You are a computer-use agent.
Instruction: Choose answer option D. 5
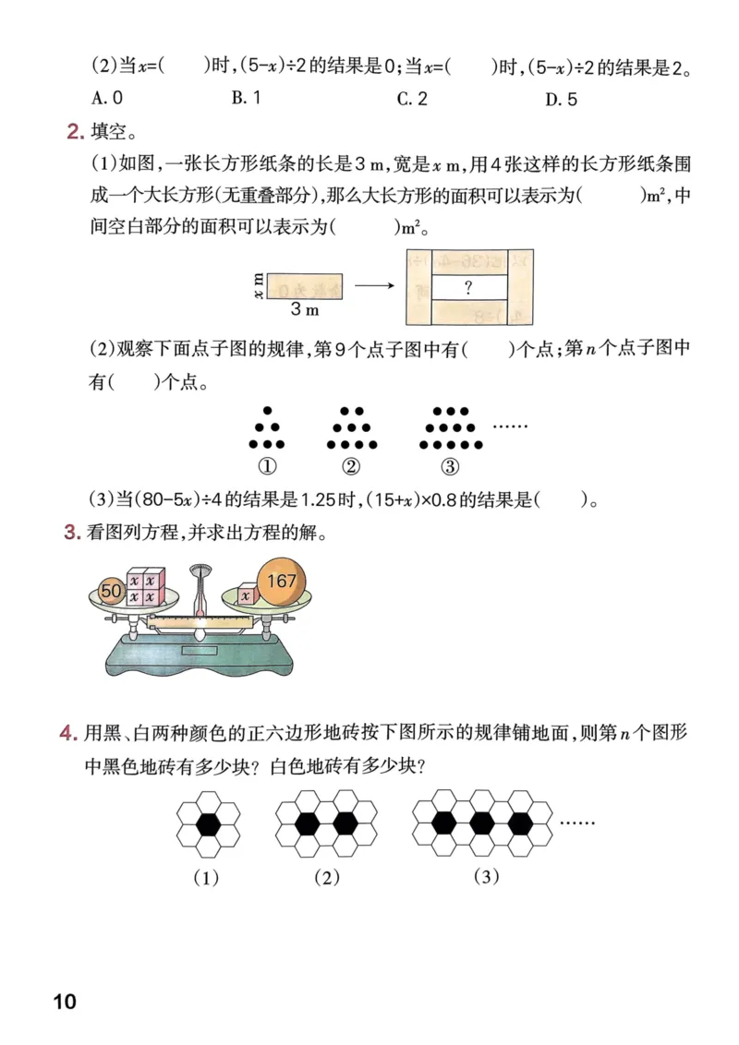pos(561,99)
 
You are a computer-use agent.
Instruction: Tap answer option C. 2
pos(412,99)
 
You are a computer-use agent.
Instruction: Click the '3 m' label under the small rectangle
pos(306,308)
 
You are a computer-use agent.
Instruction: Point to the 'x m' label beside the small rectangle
pos(259,285)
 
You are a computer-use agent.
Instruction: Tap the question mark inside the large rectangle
pos(468,288)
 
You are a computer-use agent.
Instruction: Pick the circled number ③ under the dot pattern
pos(450,466)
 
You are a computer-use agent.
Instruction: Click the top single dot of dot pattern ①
pos(268,411)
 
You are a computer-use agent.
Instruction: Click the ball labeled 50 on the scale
pos(112,590)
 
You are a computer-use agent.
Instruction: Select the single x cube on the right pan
pos(245,596)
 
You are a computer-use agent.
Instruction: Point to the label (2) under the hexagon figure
pos(326,878)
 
